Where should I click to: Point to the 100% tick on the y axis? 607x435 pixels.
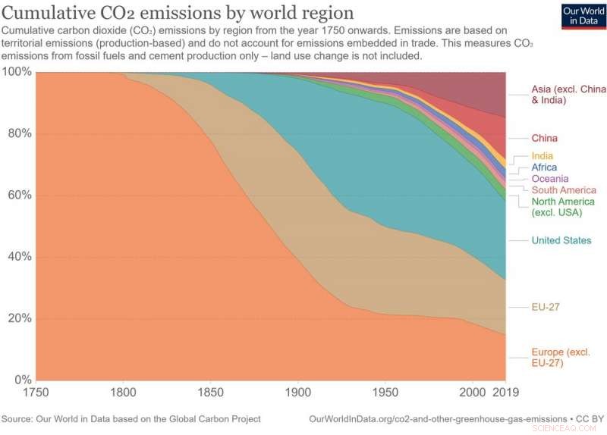point(17,72)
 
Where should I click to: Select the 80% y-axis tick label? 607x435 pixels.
point(19,133)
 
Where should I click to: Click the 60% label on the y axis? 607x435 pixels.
point(19,195)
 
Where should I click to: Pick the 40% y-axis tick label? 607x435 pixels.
point(19,256)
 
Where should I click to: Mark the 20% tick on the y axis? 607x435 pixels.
point(19,318)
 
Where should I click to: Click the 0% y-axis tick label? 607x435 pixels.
point(22,380)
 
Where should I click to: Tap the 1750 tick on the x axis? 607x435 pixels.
point(36,393)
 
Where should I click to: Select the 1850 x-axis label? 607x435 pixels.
point(210,393)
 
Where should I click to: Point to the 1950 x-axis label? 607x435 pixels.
point(385,393)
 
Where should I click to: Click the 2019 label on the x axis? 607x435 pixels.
point(505,393)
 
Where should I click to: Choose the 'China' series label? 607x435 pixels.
point(544,138)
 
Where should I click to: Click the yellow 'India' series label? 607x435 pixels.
point(542,156)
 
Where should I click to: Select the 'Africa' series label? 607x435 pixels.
point(544,167)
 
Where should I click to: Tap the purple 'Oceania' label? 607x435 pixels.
point(549,179)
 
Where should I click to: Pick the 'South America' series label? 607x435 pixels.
point(564,190)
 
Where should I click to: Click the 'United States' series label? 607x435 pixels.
point(561,240)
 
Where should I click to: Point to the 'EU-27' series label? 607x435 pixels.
point(546,307)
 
